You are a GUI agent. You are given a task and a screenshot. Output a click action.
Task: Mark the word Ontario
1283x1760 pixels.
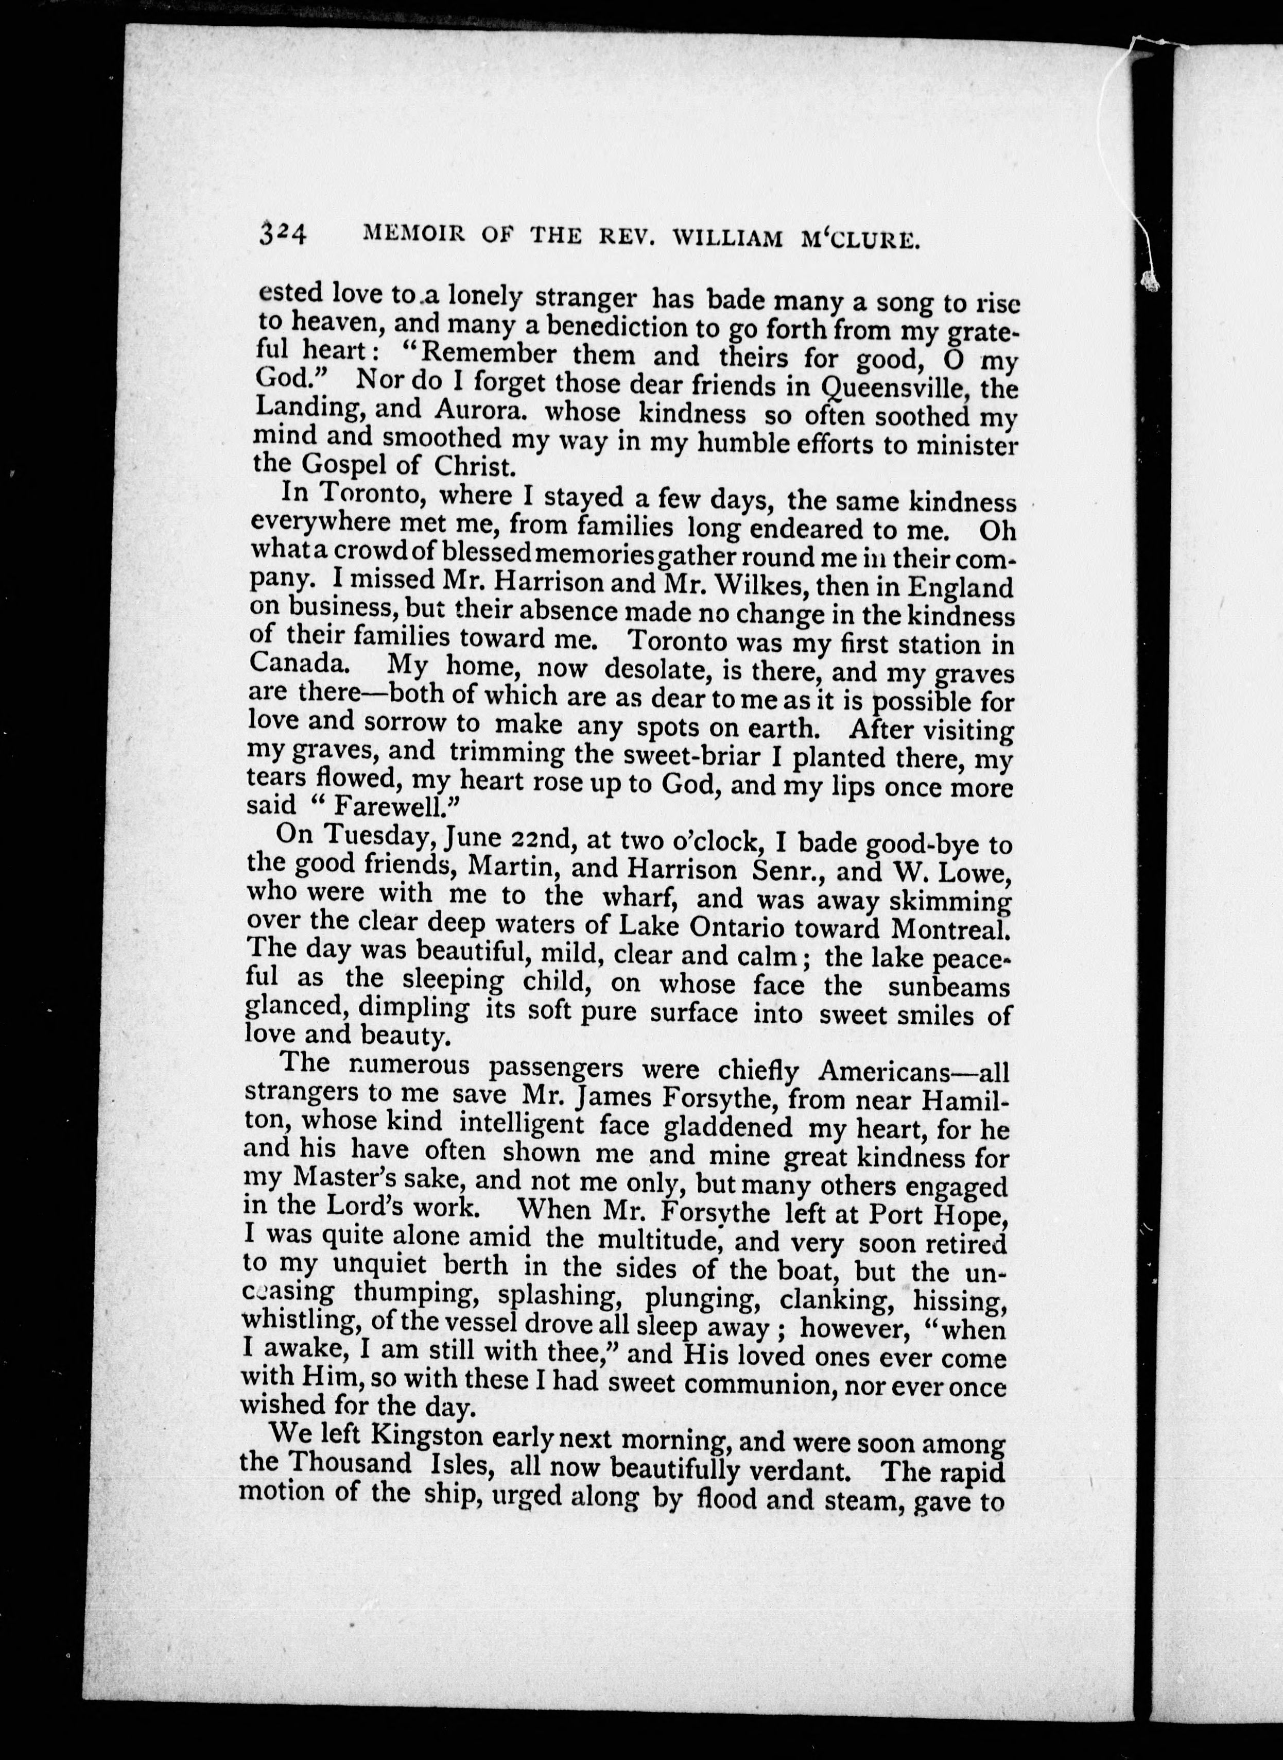[x=818, y=928]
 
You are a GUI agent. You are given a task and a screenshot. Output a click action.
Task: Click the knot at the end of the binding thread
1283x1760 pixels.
[x=1150, y=281]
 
